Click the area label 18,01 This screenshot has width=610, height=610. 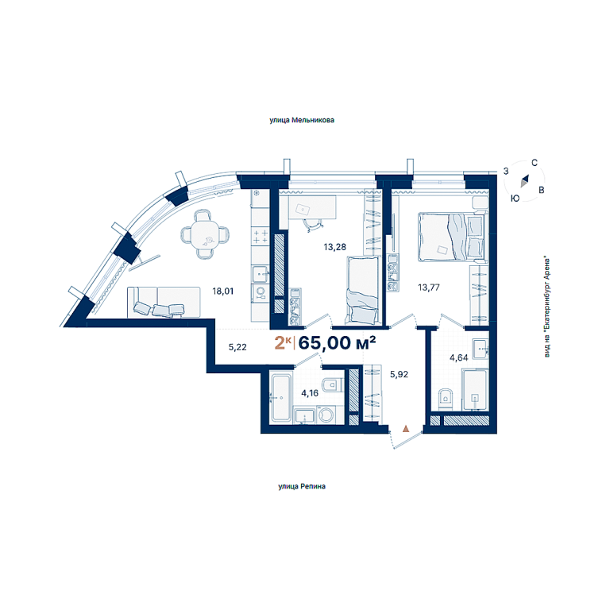[223, 291]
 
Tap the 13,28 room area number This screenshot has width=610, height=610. [334, 247]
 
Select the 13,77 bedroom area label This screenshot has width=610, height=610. [429, 288]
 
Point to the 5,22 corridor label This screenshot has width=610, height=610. [237, 347]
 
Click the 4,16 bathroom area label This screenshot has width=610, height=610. [310, 393]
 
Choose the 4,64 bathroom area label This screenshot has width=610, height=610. [458, 357]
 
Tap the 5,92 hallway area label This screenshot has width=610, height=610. [400, 374]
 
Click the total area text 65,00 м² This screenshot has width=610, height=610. [337, 343]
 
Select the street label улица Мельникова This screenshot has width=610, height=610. [302, 120]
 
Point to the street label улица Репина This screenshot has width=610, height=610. [302, 486]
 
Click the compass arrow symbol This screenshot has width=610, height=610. [525, 181]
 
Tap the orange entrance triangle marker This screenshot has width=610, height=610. [406, 429]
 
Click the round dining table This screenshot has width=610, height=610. [205, 234]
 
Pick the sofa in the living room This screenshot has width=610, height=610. [164, 303]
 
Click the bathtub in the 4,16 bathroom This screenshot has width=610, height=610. [281, 397]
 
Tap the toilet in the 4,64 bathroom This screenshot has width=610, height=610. [446, 399]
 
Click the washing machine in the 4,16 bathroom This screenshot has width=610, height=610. [326, 415]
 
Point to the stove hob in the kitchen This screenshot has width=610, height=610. [261, 237]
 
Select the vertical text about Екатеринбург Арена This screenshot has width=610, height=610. [547, 307]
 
